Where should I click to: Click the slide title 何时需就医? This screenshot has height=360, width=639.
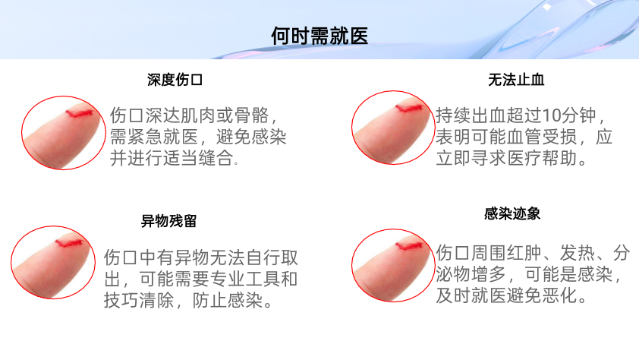tap(319, 36)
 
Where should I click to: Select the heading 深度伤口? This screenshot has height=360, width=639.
tap(175, 80)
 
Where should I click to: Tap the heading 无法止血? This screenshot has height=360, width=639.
tap(516, 80)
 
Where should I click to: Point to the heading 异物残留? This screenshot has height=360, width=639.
tap(168, 221)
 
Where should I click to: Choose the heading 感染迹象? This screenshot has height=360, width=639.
tap(512, 213)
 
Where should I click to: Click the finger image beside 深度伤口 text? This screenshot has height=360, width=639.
tap(63, 133)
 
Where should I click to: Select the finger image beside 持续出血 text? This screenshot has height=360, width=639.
tap(393, 128)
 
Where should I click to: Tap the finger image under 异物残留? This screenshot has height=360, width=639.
tap(53, 262)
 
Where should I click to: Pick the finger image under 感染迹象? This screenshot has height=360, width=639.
tap(393, 265)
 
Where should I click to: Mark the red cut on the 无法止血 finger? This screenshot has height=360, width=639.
tap(409, 108)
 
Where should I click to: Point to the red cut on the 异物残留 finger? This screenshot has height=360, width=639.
tap(69, 243)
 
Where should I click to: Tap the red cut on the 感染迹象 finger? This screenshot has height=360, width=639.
tap(409, 246)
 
